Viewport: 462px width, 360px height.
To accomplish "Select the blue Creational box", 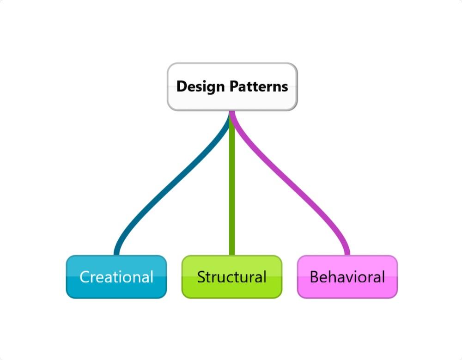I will coord(116,277).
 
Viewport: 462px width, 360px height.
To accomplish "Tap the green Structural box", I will coord(231,277).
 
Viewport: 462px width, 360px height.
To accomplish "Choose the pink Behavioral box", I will coord(347,277).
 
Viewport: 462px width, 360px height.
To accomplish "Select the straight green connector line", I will coord(232,185).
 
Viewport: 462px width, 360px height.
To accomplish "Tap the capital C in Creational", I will coord(85,277).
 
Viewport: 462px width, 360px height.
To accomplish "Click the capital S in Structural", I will coord(201,277).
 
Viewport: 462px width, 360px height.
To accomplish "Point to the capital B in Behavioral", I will coord(315,277).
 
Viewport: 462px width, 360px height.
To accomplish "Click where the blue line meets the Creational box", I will coord(116,254).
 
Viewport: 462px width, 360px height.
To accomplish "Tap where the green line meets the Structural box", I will coord(232,254).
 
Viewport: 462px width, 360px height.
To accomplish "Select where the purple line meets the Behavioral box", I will coord(347,254).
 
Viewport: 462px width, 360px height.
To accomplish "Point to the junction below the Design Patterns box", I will coord(232,114).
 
